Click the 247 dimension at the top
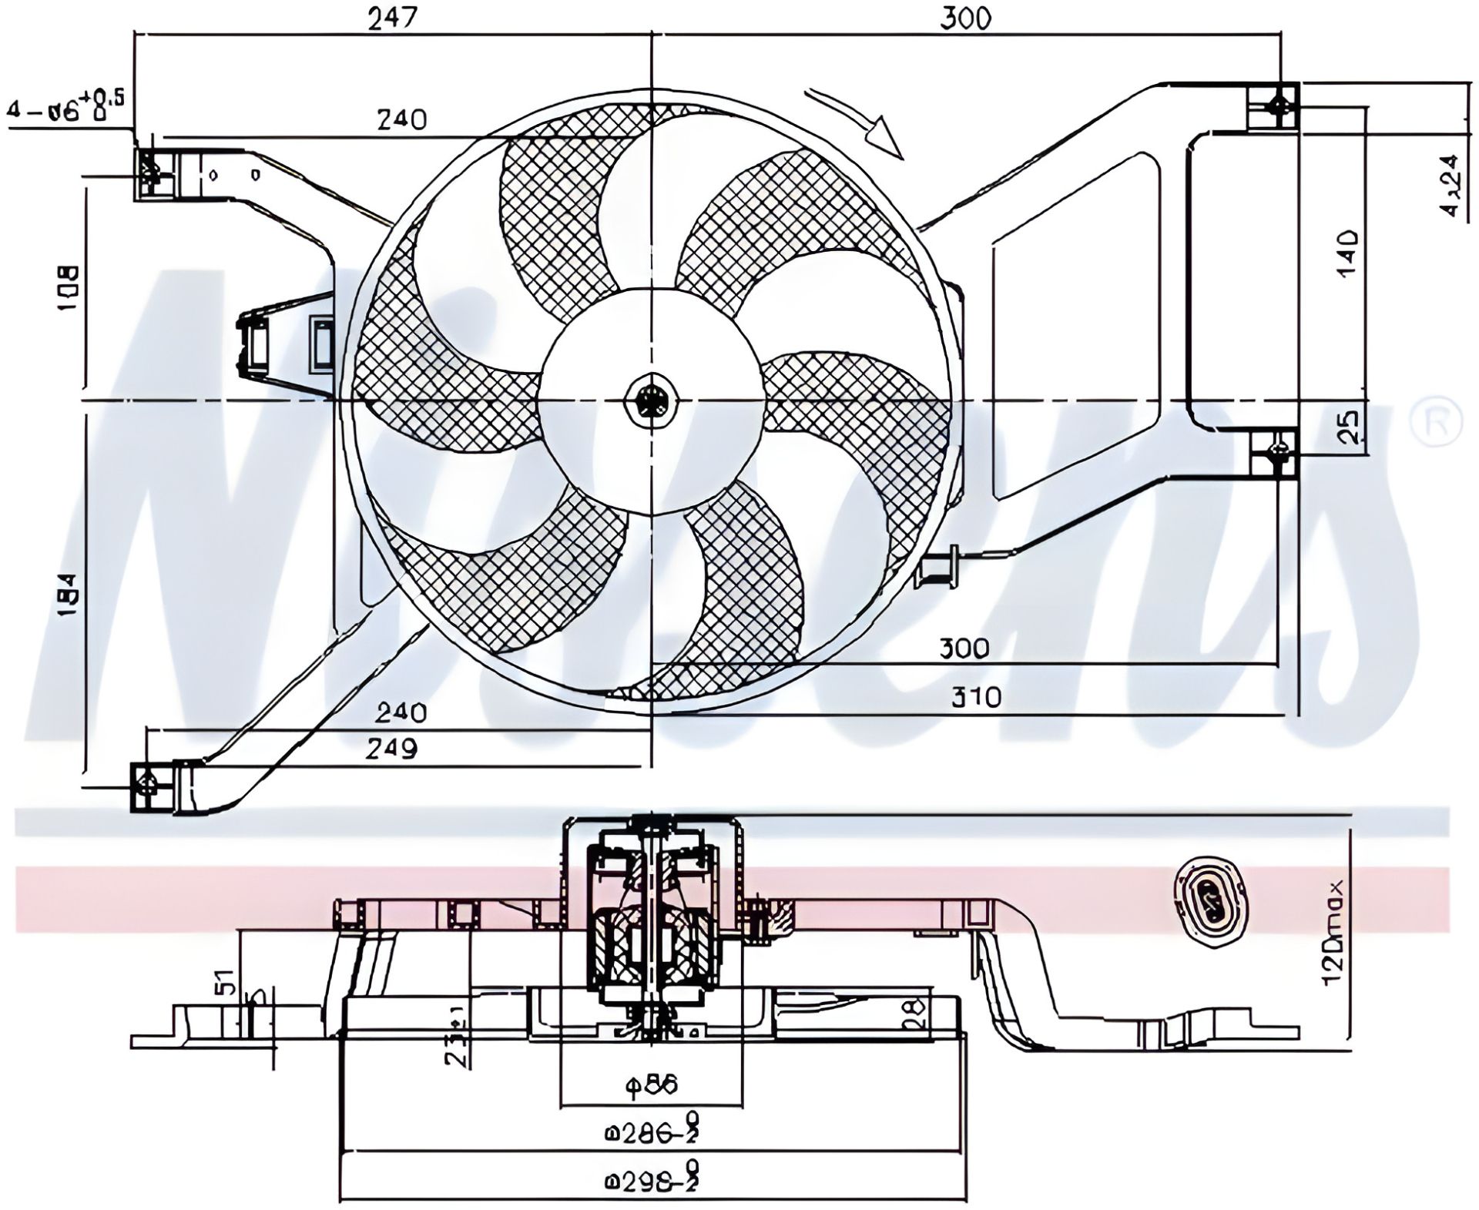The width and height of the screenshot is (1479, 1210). click(391, 19)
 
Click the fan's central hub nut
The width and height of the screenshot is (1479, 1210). click(651, 401)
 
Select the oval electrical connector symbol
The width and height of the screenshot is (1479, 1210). click(1212, 896)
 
